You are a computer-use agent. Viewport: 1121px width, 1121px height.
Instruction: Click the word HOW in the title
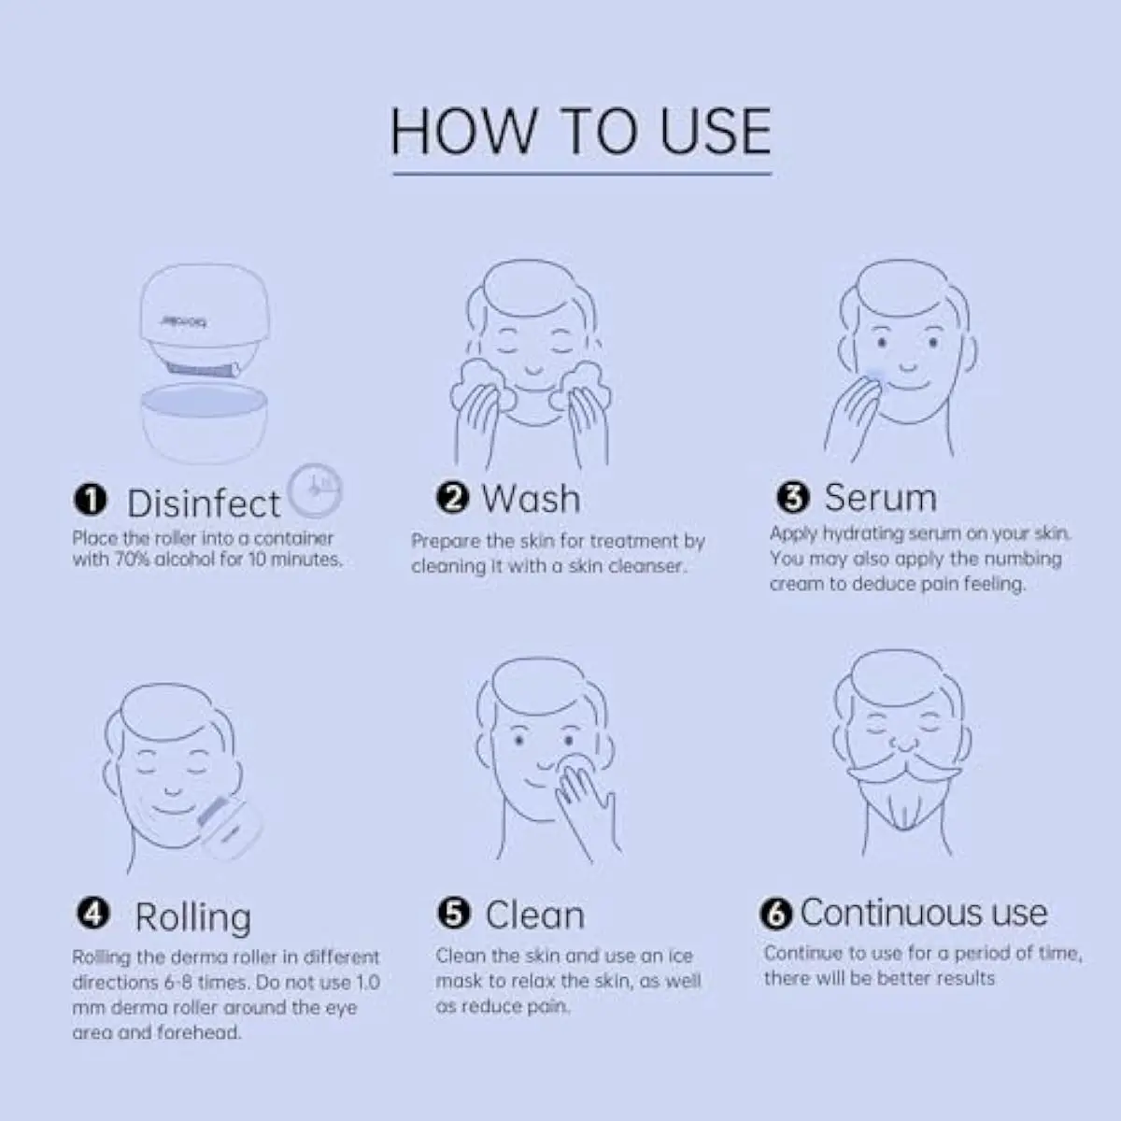coord(463,132)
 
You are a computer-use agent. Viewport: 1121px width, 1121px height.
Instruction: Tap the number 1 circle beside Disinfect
coord(91,500)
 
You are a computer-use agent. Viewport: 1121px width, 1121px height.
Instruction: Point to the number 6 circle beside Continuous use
coord(776,914)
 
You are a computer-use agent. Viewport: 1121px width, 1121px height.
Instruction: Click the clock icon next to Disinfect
coord(315,490)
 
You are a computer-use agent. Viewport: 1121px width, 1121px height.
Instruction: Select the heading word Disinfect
coord(204,504)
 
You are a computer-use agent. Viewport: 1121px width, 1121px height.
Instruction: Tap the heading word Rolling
coord(193,918)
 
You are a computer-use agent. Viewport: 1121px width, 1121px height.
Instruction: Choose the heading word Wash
coord(532,499)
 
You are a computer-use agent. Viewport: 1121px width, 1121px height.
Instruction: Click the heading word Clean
coord(535,915)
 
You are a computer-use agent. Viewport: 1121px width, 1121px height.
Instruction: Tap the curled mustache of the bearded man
coord(903,769)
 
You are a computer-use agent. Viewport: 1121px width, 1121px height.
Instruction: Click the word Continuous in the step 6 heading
coord(891,912)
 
